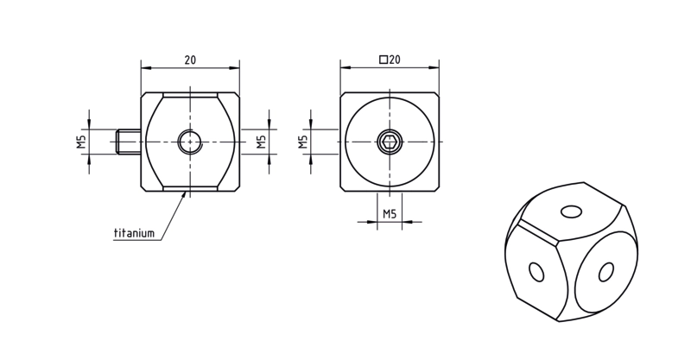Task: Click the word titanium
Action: click(x=135, y=232)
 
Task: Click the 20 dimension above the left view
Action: click(x=190, y=60)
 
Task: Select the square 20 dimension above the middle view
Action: click(x=390, y=60)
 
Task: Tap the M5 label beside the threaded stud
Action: click(x=82, y=142)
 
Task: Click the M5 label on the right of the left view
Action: click(x=262, y=142)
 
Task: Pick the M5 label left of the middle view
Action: click(x=303, y=142)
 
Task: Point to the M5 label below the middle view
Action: click(x=390, y=214)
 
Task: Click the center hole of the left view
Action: click(x=190, y=142)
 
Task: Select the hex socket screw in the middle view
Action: click(x=390, y=142)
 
